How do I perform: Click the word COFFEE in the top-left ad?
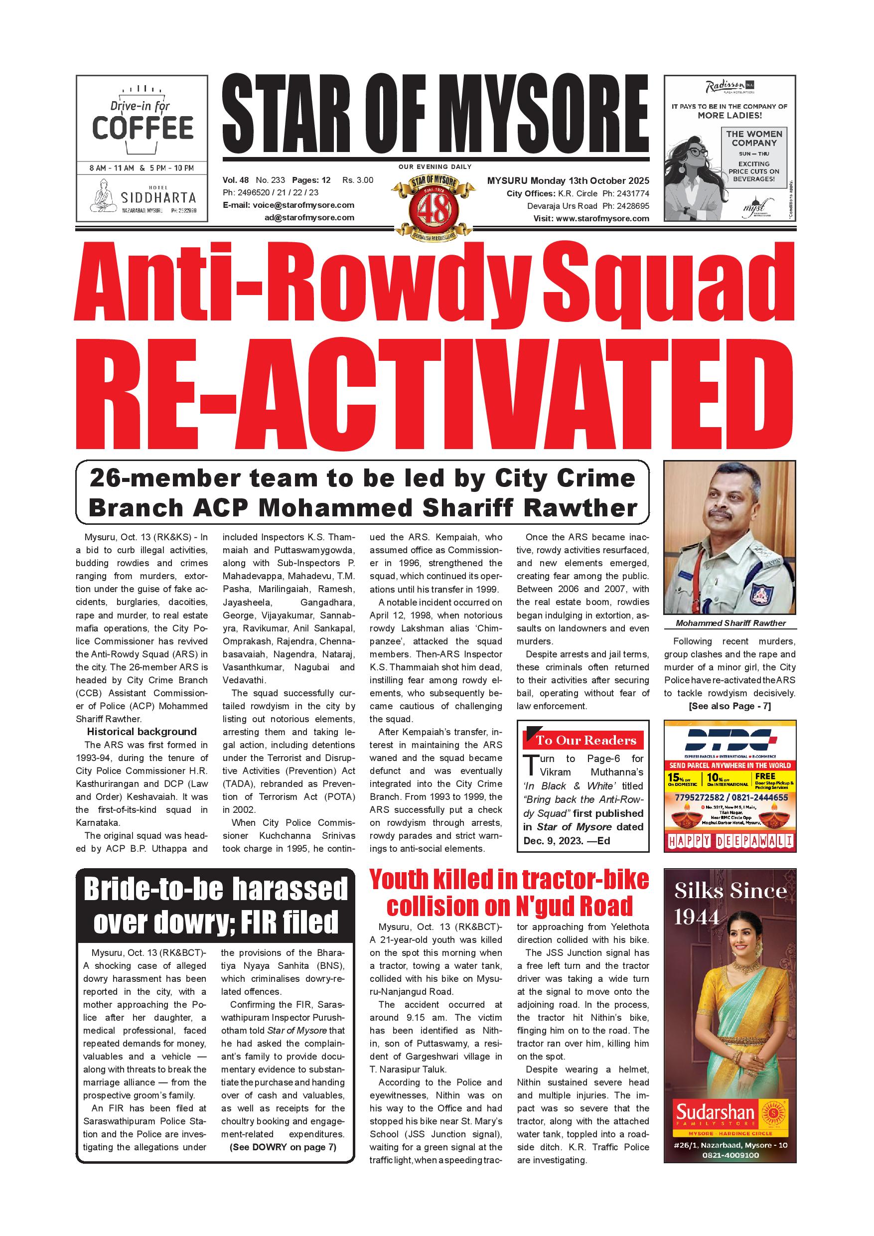click(x=143, y=128)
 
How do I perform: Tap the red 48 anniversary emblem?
click(x=434, y=209)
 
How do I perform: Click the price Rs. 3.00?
click(x=357, y=180)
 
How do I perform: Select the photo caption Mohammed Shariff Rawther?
click(x=730, y=623)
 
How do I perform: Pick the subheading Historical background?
click(x=142, y=732)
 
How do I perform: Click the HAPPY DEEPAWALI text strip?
click(x=730, y=841)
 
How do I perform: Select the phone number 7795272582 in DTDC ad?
click(x=700, y=798)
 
